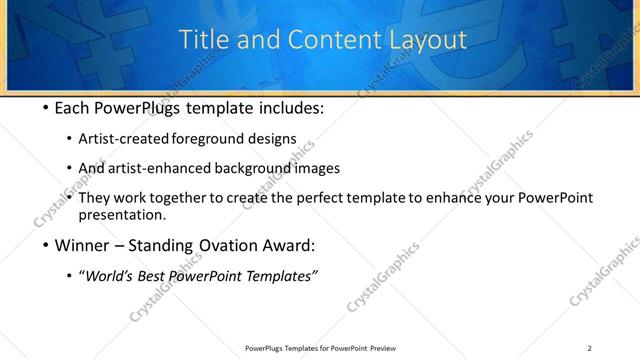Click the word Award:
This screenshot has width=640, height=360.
tap(290, 245)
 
